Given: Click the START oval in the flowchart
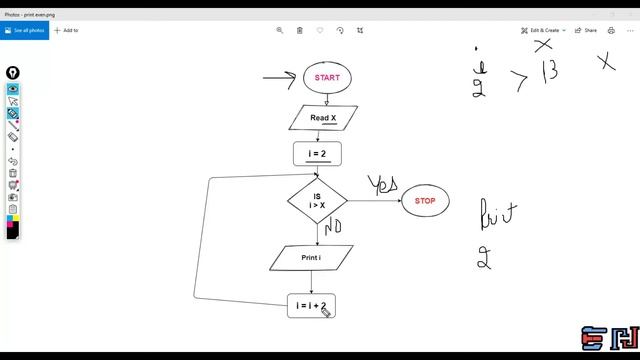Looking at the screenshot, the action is tap(327, 77).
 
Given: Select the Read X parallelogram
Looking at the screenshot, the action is tap(322, 118).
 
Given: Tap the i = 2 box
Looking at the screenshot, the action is tap(317, 154).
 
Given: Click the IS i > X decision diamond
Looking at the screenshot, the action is tap(317, 201).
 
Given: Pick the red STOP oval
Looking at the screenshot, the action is tap(425, 201).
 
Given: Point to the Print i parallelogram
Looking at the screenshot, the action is tap(311, 258).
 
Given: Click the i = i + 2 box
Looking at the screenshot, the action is tap(310, 306).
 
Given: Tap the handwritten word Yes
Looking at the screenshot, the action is tap(383, 185).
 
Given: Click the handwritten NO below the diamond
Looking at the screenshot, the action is tap(333, 227).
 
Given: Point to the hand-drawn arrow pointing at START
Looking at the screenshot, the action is tap(280, 77).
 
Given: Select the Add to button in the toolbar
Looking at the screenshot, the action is tap(66, 30).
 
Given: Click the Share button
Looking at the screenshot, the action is tap(587, 30).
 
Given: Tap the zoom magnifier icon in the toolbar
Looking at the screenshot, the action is tap(280, 30).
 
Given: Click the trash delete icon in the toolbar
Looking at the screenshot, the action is tap(300, 30).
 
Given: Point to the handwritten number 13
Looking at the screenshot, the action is tap(549, 73).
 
